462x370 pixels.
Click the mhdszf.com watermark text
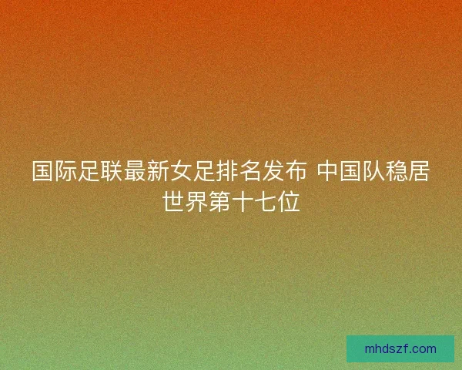tap(400, 348)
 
